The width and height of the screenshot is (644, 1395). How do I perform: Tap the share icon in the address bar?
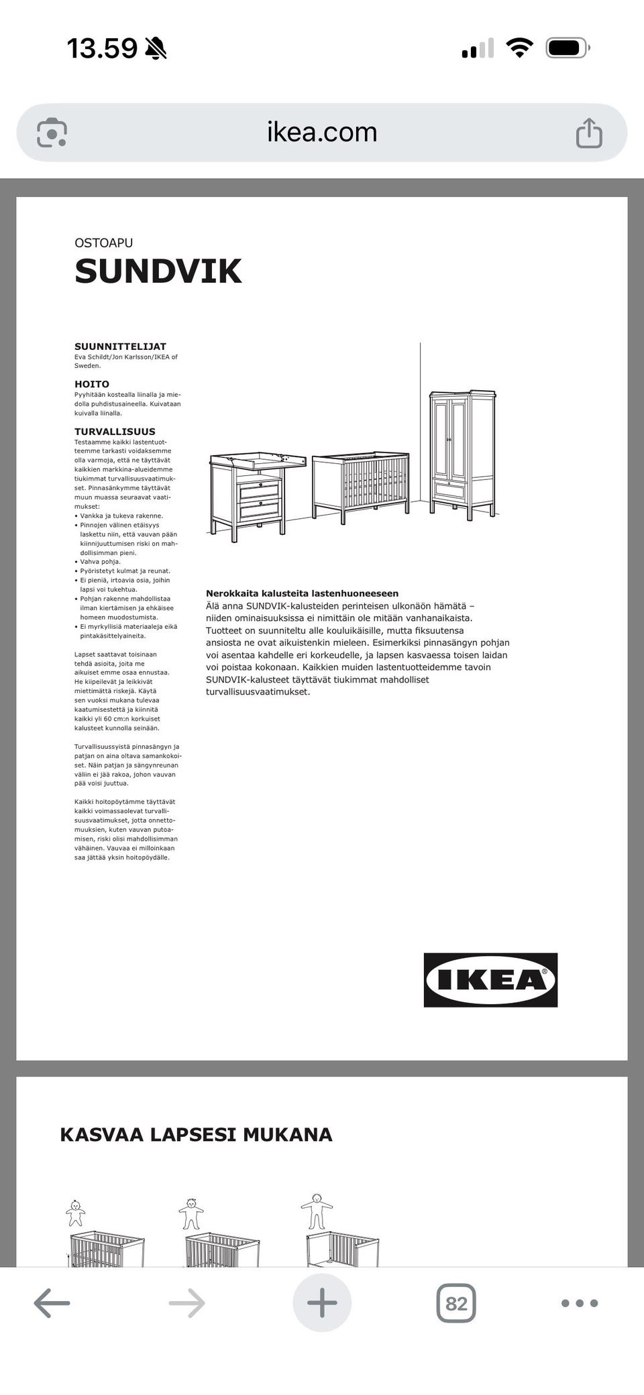[589, 133]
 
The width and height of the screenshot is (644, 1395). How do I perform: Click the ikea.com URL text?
[322, 133]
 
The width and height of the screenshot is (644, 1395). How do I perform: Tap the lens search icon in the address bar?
[52, 133]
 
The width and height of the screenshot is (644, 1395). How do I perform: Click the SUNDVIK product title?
[158, 271]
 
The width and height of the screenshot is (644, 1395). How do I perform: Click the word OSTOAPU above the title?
[103, 243]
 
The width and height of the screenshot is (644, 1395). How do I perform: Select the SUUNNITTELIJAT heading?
[120, 347]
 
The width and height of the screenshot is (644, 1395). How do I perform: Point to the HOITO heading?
[92, 384]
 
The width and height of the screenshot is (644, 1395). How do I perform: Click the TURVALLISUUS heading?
[115, 432]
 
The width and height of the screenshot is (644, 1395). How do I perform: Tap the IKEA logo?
[490, 979]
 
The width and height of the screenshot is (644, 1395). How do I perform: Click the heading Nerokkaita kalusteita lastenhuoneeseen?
[302, 593]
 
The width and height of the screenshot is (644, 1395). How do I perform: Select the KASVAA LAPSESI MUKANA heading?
[196, 1134]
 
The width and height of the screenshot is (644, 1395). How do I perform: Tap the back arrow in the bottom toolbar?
[52, 1303]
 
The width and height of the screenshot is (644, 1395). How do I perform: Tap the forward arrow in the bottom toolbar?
[186, 1303]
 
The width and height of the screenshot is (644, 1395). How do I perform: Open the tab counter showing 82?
[456, 1303]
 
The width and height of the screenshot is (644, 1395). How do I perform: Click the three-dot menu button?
[579, 1303]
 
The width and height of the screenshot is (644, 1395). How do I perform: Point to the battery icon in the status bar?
[568, 48]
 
